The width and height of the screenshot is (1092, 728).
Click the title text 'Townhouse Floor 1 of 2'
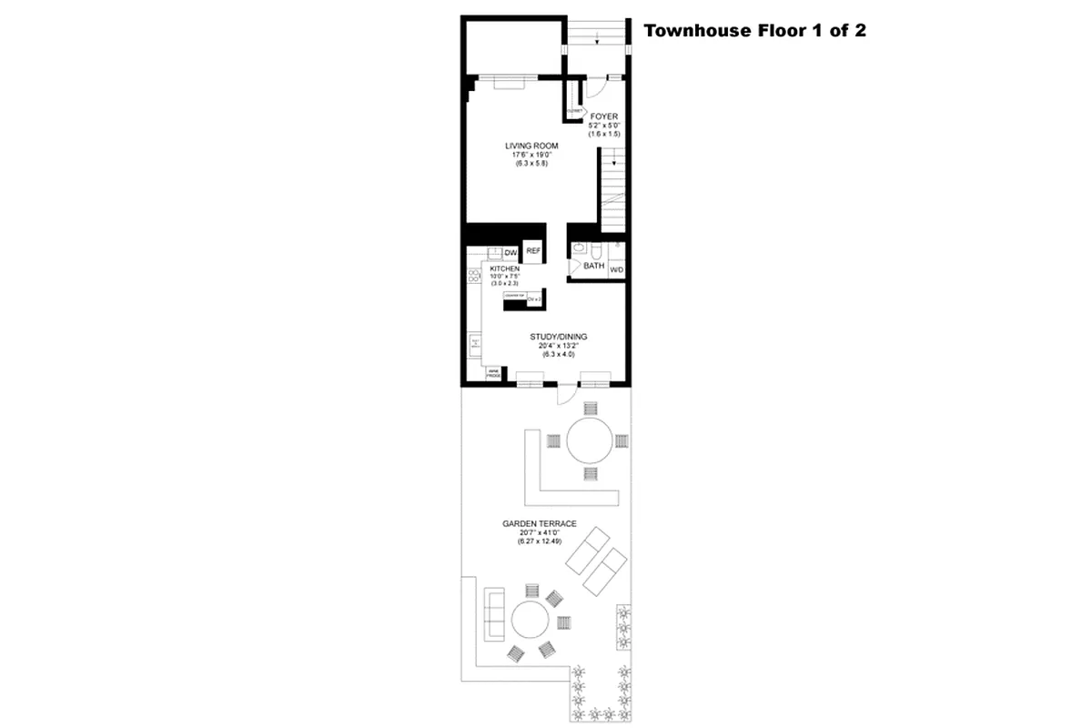(754, 30)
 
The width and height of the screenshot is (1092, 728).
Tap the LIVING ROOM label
(531, 146)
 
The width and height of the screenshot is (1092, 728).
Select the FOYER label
(603, 116)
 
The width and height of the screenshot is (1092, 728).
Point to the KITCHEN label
(504, 270)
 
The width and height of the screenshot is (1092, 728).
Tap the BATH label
(593, 267)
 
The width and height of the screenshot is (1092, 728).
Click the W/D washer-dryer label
(617, 269)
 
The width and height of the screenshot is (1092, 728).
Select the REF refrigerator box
(533, 251)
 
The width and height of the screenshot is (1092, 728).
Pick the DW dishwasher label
(511, 252)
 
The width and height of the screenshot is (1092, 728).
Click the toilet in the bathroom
(595, 248)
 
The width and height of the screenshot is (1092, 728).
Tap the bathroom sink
(579, 247)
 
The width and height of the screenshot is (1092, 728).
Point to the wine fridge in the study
(492, 373)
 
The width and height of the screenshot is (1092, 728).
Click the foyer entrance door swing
(594, 90)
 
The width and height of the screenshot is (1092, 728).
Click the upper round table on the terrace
(591, 440)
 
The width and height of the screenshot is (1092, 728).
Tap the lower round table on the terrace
(529, 622)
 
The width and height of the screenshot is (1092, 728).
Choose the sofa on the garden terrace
(495, 612)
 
